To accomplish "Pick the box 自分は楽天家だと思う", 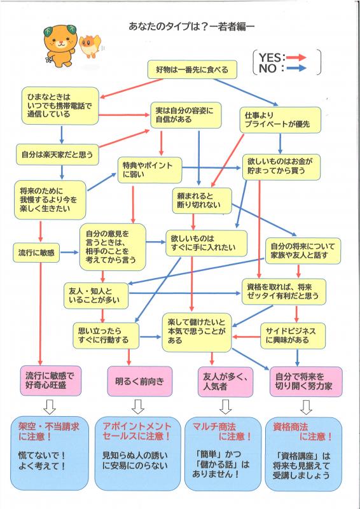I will click(x=57, y=153).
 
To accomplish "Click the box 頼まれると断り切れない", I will click(x=200, y=200).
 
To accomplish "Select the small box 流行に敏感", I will click(x=36, y=253).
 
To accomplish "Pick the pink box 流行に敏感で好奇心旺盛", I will click(x=52, y=381).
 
